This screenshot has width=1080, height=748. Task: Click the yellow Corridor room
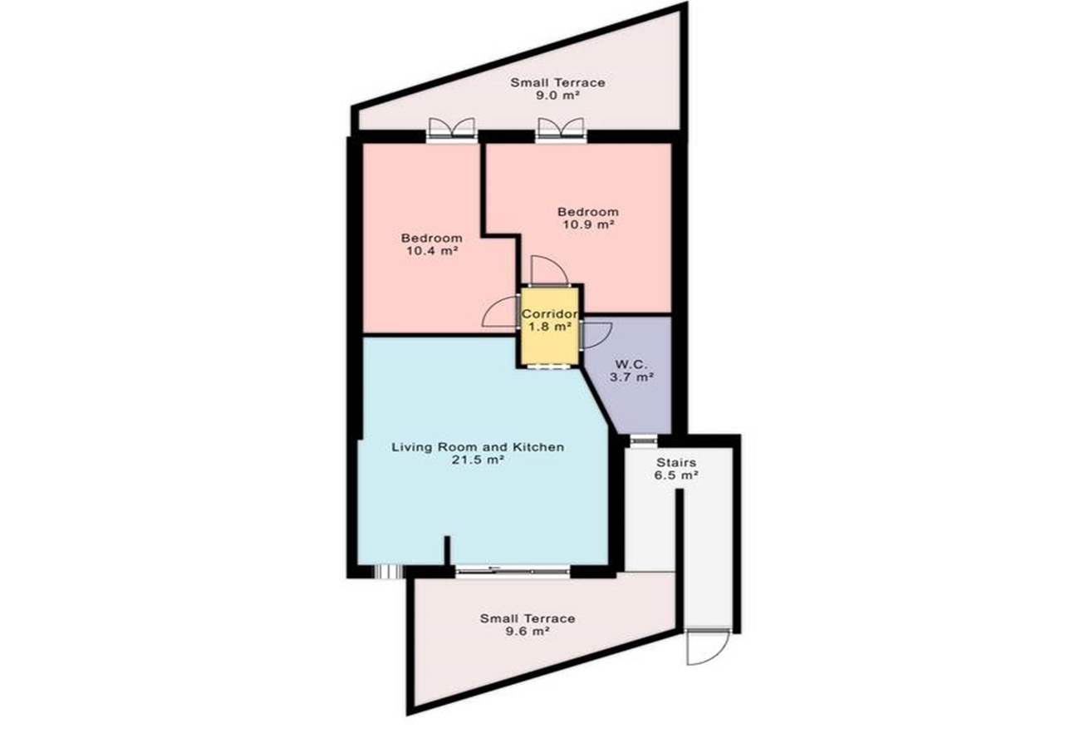(x=550, y=326)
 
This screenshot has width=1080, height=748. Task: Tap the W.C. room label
(x=632, y=364)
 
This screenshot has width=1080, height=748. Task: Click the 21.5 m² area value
(x=478, y=460)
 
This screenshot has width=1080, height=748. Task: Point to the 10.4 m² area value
(x=432, y=251)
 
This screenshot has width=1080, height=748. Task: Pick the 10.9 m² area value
(x=588, y=224)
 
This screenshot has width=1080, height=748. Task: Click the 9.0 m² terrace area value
(x=557, y=95)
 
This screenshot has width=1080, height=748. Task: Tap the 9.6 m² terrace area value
(x=528, y=631)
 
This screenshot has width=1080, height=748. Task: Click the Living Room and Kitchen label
(x=478, y=447)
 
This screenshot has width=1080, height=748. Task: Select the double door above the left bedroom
(x=452, y=130)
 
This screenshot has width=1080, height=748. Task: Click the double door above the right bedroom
(x=562, y=130)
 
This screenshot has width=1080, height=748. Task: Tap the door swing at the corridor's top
(x=548, y=270)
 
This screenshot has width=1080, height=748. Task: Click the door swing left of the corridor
(x=500, y=312)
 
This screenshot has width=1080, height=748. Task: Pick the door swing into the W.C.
(x=596, y=334)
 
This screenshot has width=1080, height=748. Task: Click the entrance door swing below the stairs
(x=706, y=647)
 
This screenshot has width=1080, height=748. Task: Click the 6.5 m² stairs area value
(x=676, y=475)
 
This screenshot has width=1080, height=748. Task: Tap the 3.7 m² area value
(x=631, y=376)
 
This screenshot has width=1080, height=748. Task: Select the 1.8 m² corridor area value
(x=550, y=327)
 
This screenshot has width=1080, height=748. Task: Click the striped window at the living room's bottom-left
(x=389, y=572)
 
